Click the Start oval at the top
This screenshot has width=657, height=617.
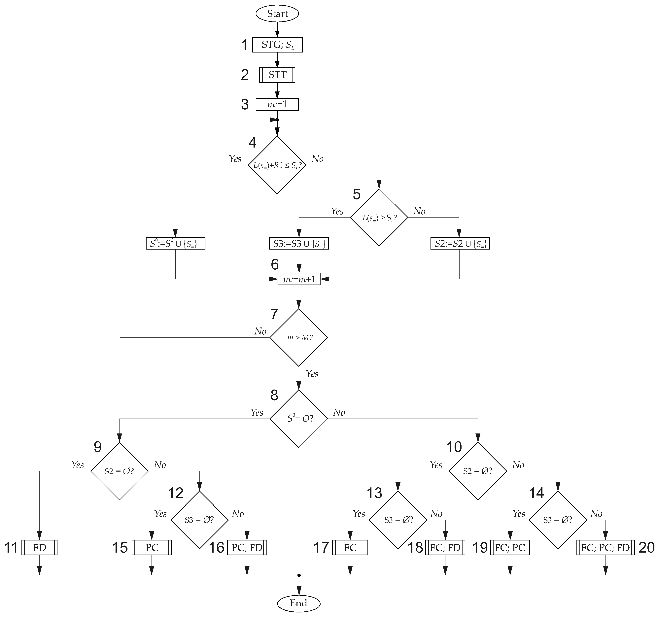tap(277, 14)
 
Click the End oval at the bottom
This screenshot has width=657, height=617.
tap(298, 603)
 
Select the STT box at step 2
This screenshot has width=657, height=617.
tap(277, 75)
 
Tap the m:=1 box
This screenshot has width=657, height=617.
tap(277, 104)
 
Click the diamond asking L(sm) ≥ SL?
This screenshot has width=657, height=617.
tap(379, 218)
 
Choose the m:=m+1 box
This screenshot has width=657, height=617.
tap(299, 279)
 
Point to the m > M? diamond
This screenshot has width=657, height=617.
tap(299, 337)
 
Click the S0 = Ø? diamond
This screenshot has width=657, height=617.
tap(299, 419)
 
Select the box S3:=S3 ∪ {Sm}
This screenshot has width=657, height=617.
tap(299, 244)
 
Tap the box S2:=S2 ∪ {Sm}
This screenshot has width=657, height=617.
tap(460, 244)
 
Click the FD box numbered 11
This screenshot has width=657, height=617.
tap(39, 548)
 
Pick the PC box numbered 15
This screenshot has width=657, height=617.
tap(152, 548)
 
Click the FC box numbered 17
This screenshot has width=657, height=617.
tap(350, 548)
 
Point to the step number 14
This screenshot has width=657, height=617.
tap(536, 493)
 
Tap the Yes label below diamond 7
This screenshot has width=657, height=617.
tap(312, 374)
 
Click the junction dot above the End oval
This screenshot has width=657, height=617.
tap(299, 575)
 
